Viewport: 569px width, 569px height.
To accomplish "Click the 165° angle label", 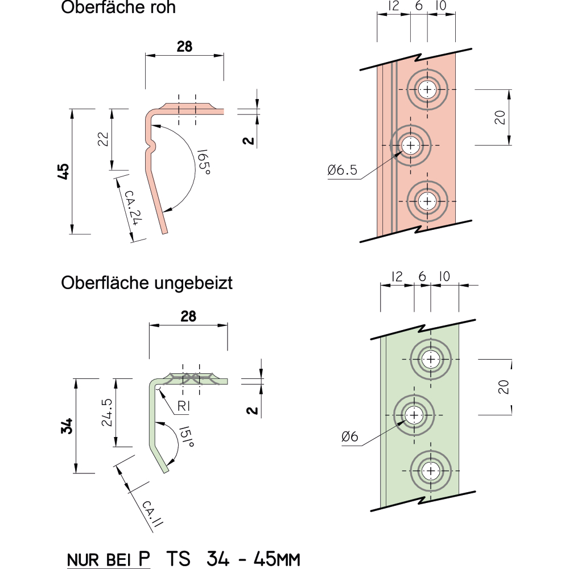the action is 204,162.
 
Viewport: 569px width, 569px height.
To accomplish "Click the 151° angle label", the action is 187,436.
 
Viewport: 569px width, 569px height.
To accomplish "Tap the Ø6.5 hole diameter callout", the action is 342,170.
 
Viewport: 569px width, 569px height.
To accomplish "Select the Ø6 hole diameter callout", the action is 350,436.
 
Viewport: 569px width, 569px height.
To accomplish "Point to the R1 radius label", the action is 184,406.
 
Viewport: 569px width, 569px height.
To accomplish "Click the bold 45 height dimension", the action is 63,171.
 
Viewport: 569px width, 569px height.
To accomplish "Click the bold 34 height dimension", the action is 67,426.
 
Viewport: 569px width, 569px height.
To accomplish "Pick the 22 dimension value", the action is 103,139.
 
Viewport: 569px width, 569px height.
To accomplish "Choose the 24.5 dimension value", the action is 107,412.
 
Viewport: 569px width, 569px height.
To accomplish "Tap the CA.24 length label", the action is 133,208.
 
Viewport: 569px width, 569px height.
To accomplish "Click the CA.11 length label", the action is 152,513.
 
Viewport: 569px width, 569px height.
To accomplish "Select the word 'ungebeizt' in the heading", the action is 193,283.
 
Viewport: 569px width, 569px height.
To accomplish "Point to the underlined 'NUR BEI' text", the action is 98,560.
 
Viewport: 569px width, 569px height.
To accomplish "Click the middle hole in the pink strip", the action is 410,146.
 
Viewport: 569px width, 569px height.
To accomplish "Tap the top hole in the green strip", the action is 431,359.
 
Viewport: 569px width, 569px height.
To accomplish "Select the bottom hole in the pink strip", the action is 427,201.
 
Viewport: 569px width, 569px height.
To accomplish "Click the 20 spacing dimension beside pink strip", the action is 500,117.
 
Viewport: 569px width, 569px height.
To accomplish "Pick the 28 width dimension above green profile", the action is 188,316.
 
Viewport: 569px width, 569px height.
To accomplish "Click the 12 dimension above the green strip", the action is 397,277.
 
